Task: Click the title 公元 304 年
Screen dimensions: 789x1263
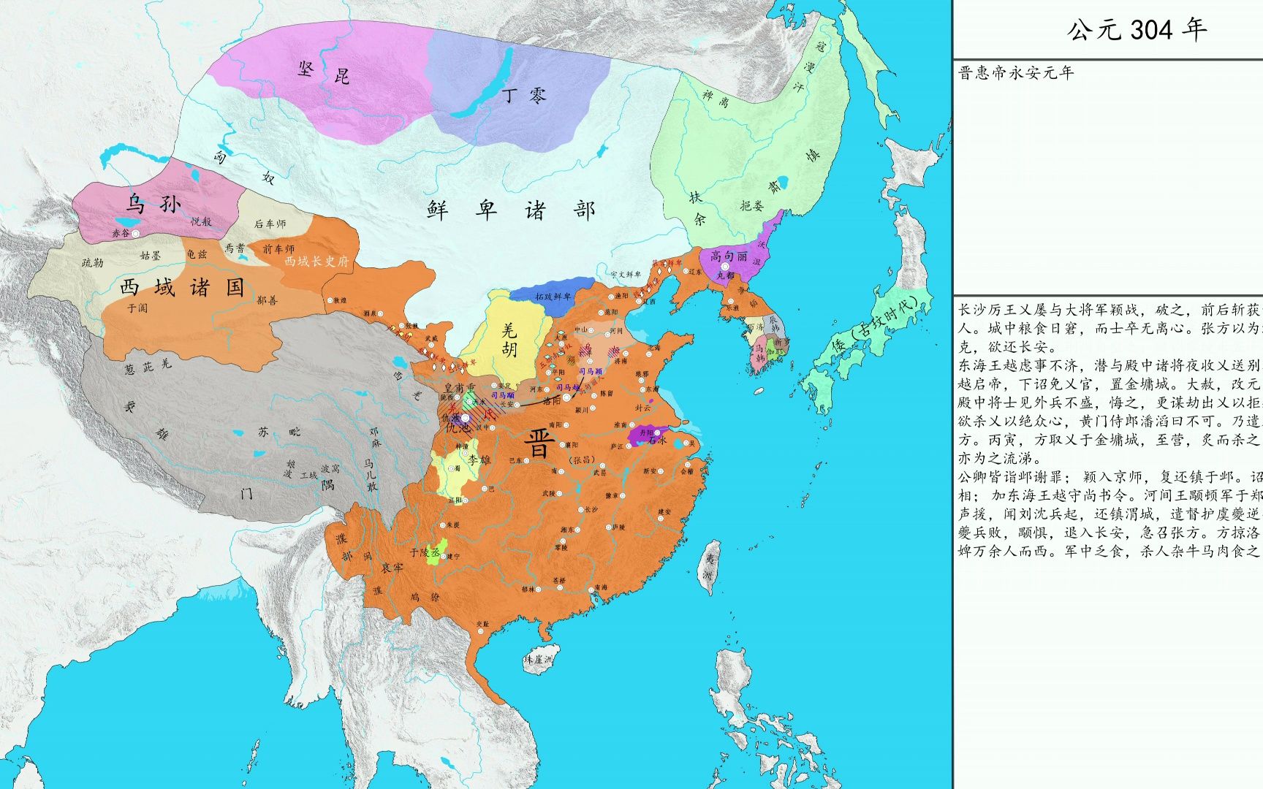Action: coord(1137,30)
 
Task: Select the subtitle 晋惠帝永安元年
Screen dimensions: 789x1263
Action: coord(1016,73)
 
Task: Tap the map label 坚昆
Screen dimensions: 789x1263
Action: coord(323,72)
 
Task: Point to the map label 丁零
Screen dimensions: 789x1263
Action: coord(524,94)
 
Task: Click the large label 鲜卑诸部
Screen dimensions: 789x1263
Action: coord(511,210)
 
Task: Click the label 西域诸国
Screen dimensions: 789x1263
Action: coord(182,287)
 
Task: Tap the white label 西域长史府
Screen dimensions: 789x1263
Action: coord(316,261)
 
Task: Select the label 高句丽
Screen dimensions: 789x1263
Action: coord(729,256)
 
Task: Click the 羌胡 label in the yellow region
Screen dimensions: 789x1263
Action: coord(509,340)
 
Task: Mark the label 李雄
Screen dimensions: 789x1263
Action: coord(480,460)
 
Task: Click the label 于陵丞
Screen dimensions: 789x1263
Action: coord(425,552)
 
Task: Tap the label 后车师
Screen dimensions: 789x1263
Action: coord(270,224)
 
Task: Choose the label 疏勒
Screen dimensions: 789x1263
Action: coord(93,262)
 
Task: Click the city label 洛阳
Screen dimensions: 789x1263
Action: coord(553,400)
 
